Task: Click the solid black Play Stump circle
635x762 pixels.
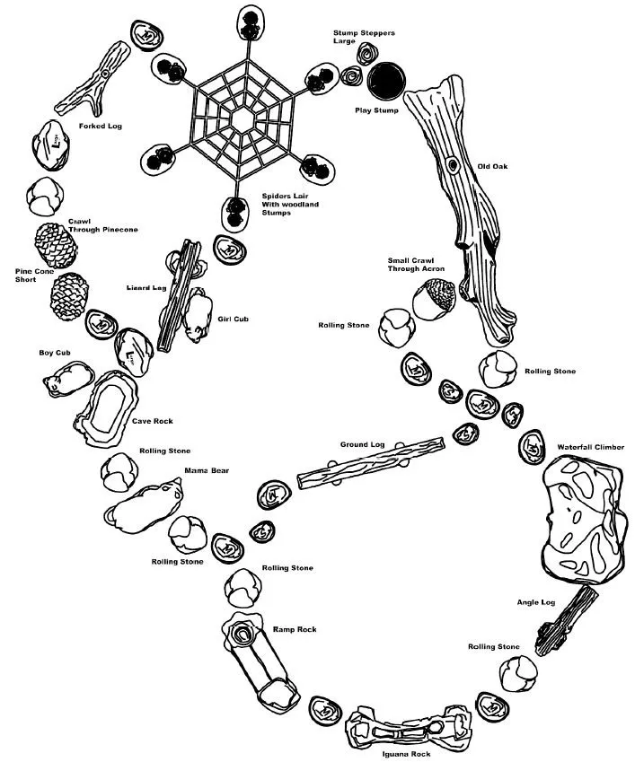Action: pos(386,81)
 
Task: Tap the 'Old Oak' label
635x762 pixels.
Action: pos(492,166)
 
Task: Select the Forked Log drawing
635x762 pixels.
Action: pos(93,79)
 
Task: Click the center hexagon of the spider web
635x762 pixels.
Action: pos(242,119)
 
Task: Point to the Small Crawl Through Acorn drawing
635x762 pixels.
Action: pos(434,299)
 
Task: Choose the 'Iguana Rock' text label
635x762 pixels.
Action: pos(406,754)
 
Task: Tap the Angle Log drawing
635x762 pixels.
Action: pos(567,620)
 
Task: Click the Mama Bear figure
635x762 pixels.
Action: pos(144,506)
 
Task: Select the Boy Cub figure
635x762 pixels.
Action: pos(68,379)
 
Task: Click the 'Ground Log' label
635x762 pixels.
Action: pos(362,444)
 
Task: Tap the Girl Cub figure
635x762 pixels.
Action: pos(198,315)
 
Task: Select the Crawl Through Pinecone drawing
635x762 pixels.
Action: pos(56,245)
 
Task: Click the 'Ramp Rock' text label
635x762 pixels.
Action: pos(295,629)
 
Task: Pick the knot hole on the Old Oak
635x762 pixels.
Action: pos(453,166)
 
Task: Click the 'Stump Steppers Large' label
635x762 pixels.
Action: pos(364,37)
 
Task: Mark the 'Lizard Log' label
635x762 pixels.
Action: pos(146,288)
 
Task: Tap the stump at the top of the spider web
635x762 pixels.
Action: pos(250,23)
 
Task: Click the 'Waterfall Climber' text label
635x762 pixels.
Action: pos(590,447)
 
